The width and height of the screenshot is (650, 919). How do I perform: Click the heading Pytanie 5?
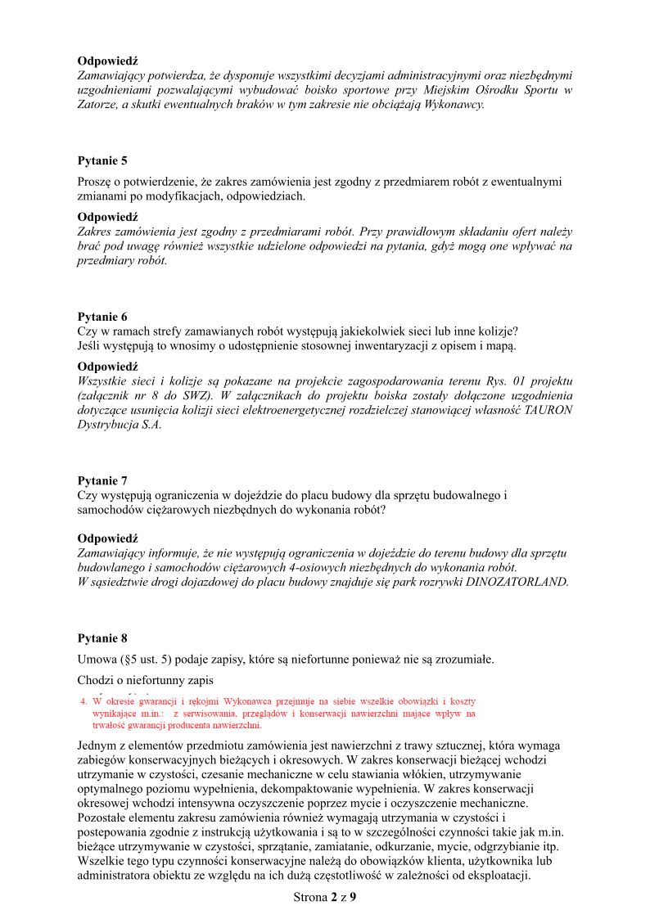coord(102,160)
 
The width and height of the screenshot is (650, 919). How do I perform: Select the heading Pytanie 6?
coord(102,316)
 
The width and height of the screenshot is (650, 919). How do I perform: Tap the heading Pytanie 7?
coord(102,480)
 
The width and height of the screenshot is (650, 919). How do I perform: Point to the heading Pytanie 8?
coord(102,637)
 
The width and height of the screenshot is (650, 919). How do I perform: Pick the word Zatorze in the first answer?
coord(97,104)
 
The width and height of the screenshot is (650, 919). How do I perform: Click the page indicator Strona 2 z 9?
coord(325,897)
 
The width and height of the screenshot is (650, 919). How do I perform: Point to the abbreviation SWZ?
coord(193,394)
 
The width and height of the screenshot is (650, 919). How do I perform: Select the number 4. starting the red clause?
coord(84,702)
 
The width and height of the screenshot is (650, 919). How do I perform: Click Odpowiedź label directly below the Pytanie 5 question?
coord(107,217)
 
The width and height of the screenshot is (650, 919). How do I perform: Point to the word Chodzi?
coord(97,681)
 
